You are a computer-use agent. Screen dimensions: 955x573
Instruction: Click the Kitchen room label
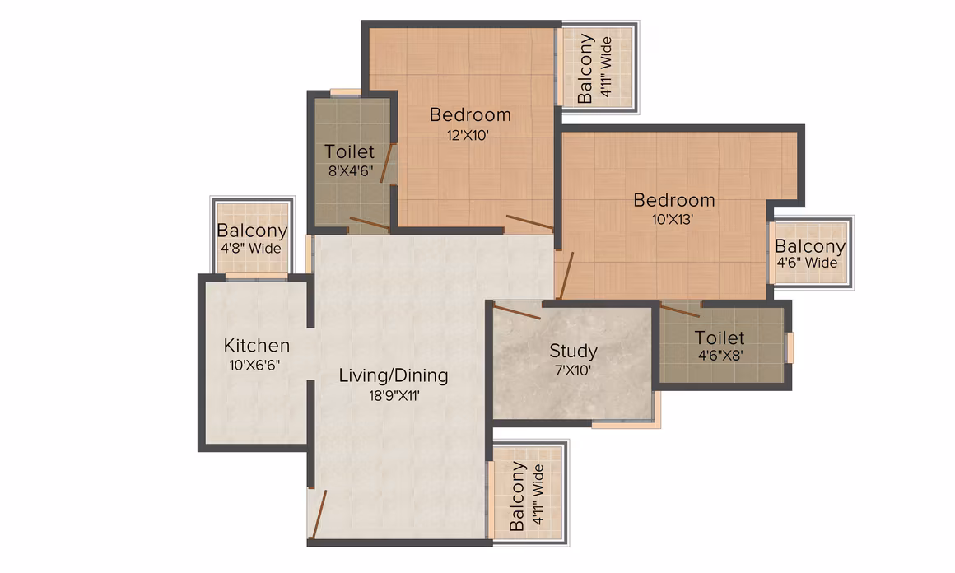(256, 345)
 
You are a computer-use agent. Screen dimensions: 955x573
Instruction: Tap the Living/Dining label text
(394, 375)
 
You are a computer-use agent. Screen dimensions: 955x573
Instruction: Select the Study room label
(573, 352)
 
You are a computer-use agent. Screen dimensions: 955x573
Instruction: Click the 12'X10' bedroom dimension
(468, 135)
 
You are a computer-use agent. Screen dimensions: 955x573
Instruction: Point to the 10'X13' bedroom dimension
(673, 219)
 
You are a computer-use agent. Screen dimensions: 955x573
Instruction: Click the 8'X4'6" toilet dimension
(350, 171)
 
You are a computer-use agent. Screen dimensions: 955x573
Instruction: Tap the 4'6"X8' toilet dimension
(720, 355)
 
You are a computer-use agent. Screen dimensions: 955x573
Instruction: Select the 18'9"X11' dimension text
(394, 396)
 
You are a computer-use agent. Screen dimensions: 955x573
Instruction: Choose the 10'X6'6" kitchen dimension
(254, 366)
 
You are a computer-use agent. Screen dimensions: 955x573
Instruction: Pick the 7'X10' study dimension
(572, 370)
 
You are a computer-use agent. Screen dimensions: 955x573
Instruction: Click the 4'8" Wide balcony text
(251, 249)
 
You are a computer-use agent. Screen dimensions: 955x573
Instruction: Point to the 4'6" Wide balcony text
(807, 263)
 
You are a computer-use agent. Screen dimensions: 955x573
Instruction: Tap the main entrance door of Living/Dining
(319, 515)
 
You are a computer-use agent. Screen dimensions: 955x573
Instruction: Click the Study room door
(517, 312)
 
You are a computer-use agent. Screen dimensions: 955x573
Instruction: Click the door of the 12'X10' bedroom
(530, 222)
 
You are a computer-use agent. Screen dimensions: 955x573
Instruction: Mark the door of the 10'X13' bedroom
(566, 276)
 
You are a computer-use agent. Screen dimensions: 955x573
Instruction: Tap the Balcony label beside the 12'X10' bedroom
(585, 68)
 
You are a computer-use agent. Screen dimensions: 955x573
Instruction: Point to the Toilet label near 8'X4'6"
(350, 151)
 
